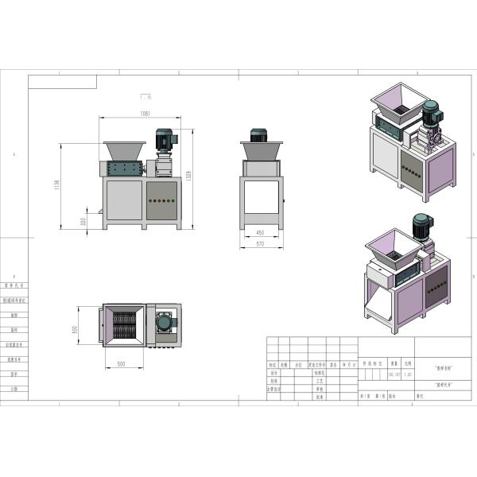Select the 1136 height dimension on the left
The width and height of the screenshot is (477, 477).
(x=56, y=184)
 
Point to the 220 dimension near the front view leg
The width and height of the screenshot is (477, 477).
(x=83, y=222)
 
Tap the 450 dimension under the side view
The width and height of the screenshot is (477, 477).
(x=261, y=233)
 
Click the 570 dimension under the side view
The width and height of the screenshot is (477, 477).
(x=261, y=244)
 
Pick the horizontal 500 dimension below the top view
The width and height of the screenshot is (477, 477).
(x=122, y=363)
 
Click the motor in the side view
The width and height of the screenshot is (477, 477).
(x=259, y=136)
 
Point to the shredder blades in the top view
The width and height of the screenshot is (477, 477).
(x=123, y=327)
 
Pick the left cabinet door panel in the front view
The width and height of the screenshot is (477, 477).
(x=123, y=200)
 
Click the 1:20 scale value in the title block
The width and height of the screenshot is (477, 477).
(x=408, y=374)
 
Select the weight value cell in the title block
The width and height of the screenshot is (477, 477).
(x=393, y=374)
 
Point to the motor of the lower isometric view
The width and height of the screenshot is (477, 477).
(x=421, y=226)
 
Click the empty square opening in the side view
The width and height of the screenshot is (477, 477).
(x=261, y=196)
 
